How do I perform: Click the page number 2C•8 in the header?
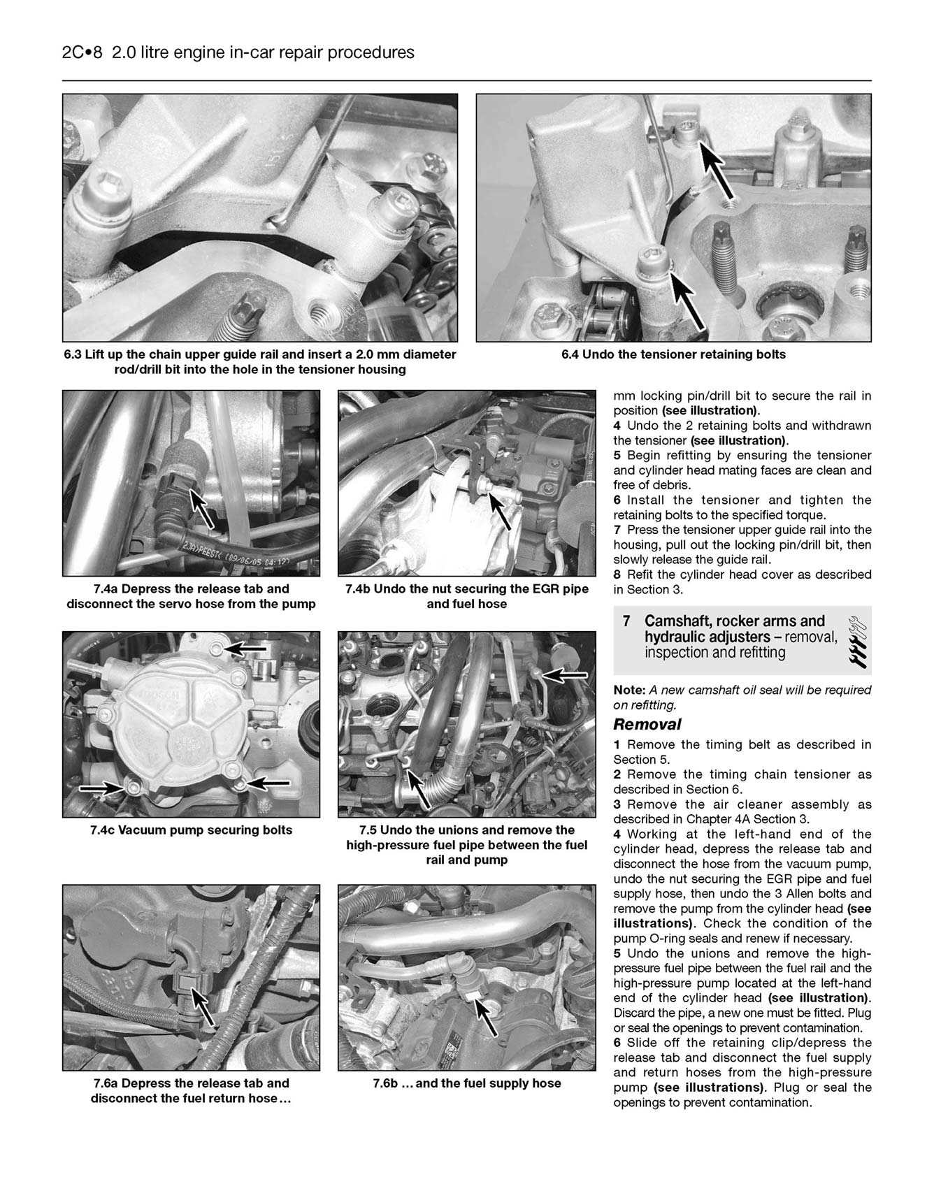point(78,52)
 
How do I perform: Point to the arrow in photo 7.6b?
point(487,1017)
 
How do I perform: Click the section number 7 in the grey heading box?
point(626,621)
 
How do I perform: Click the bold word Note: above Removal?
point(629,690)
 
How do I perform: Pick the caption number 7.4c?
point(103,830)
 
